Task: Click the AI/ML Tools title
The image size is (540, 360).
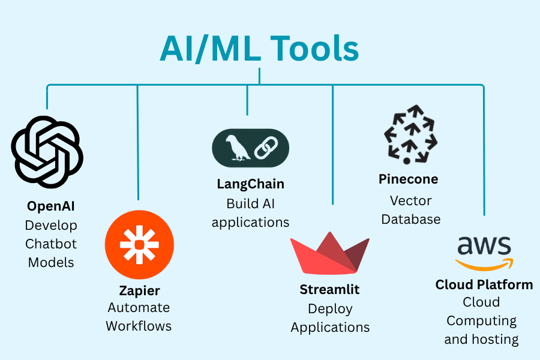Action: coord(259,49)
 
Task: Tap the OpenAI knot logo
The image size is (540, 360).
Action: coord(47,152)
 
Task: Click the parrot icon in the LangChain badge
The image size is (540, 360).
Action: coord(237,148)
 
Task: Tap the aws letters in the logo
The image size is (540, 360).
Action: coord(484,246)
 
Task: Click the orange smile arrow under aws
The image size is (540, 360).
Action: coord(485,265)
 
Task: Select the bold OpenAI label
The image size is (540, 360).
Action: coord(51,206)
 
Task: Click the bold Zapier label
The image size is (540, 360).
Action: coord(140,291)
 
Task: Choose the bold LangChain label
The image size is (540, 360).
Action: coord(251,184)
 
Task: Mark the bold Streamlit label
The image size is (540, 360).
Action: coord(329,290)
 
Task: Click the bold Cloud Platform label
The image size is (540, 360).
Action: coord(484,284)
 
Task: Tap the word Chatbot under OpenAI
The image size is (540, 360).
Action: coord(51,244)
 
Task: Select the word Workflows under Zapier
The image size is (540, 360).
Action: coord(139,326)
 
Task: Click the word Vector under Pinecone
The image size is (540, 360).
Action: coord(411,200)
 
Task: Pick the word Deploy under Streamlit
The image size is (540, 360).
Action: coord(330,309)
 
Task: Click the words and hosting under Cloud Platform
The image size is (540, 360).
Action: coord(481,340)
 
